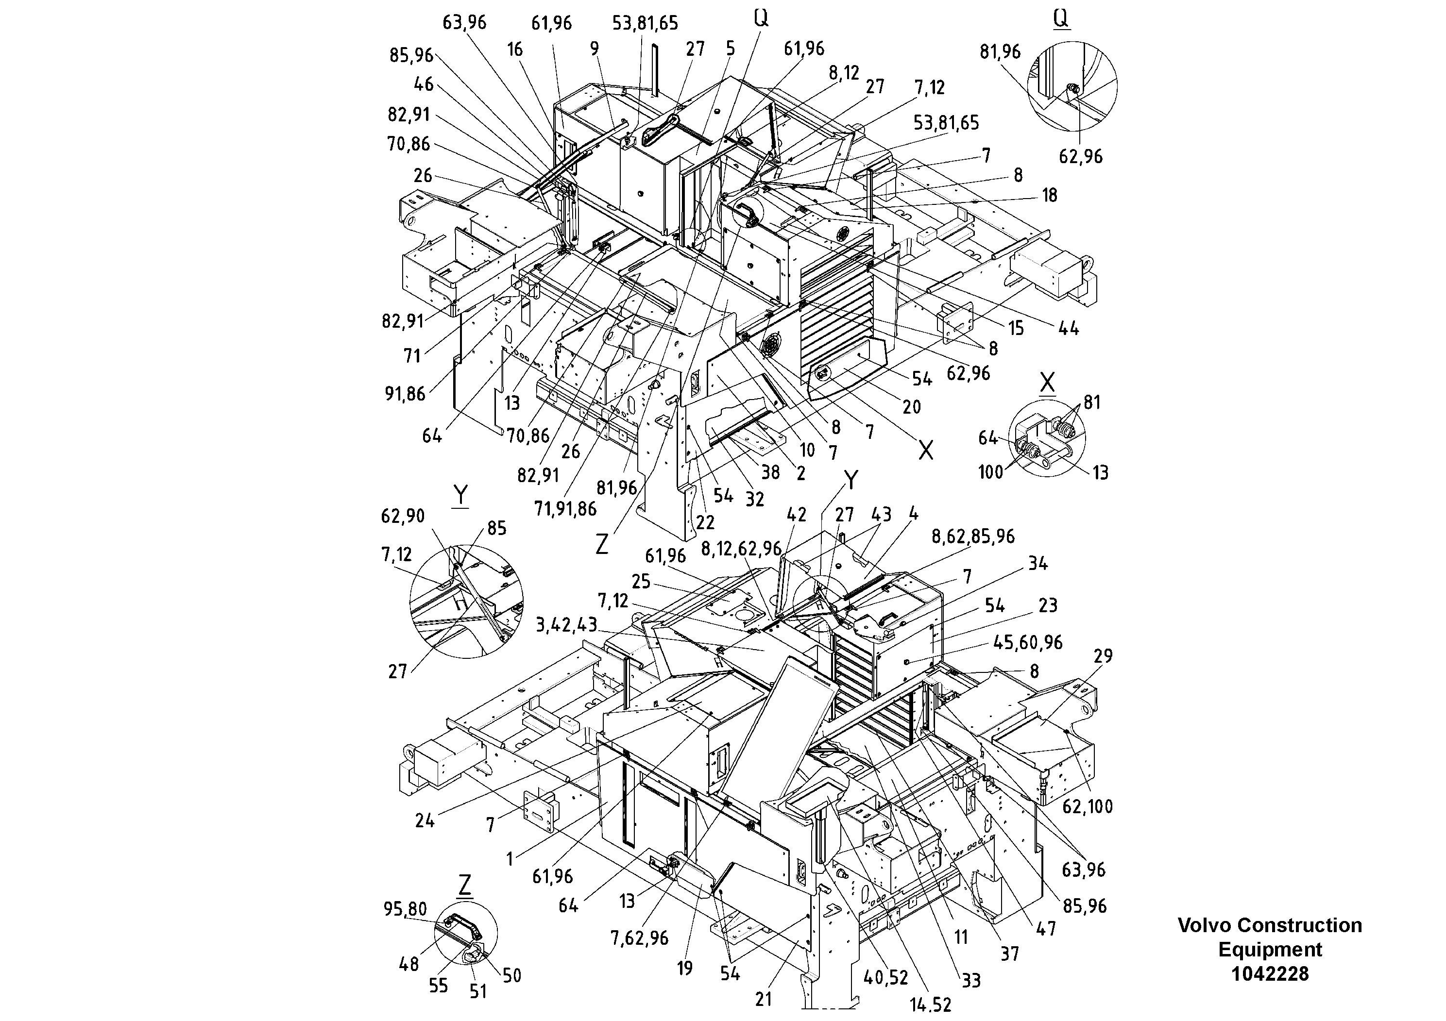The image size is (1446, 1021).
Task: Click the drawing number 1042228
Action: click(x=1270, y=974)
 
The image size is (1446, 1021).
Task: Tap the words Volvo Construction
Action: click(x=1270, y=925)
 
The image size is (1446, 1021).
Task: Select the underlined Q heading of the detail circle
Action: click(x=1061, y=19)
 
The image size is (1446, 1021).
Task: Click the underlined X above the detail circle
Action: click(x=1047, y=382)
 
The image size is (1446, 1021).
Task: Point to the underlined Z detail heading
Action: click(x=464, y=885)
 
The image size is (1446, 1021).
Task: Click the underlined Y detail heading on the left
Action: click(x=460, y=495)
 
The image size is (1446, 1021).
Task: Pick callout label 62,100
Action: click(x=1087, y=806)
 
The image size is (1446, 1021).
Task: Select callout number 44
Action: click(x=1068, y=328)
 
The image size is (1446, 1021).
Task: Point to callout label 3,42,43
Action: click(x=566, y=625)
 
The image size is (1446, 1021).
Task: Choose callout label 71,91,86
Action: click(x=565, y=509)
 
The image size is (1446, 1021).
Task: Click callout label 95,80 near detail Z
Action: click(x=405, y=909)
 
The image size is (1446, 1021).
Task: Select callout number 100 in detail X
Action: click(x=990, y=471)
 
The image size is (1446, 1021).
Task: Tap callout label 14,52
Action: click(x=930, y=1004)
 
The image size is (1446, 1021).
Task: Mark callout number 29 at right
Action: click(x=1103, y=656)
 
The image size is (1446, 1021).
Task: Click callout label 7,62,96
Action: click(x=639, y=938)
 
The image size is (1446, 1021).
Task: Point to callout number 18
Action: click(x=1049, y=195)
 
